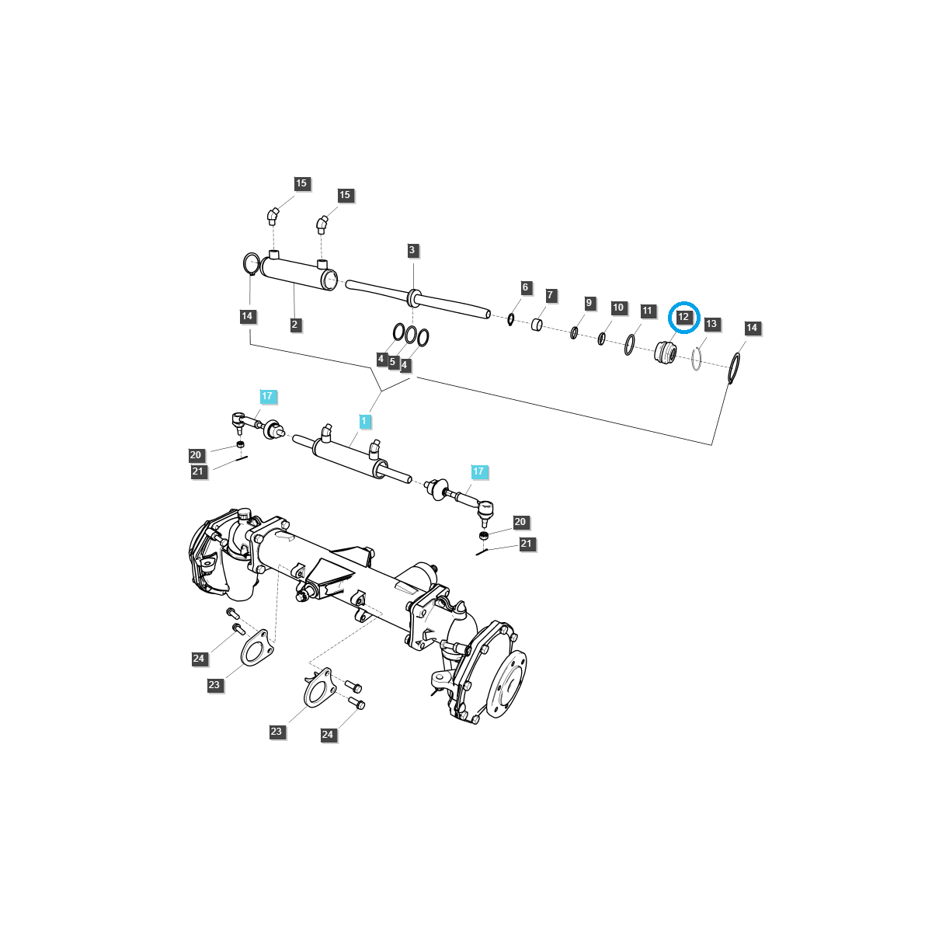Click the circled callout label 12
click(x=683, y=317)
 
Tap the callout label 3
click(x=412, y=250)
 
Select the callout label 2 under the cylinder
click(x=295, y=325)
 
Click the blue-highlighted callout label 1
click(x=365, y=421)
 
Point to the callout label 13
click(x=712, y=323)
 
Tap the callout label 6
click(x=525, y=287)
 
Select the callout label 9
click(x=589, y=302)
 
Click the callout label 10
click(x=618, y=308)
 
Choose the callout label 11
click(x=648, y=311)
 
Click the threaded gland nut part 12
click(x=665, y=353)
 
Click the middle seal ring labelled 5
click(x=411, y=336)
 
